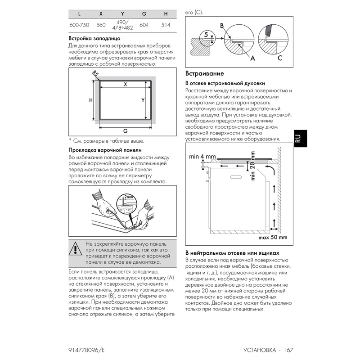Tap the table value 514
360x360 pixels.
pos(166,25)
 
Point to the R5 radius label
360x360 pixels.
pos(95,74)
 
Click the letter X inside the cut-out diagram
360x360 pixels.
pos(126,85)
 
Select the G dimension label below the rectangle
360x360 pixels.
pos(125,130)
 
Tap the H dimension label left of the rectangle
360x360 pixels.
pos(90,100)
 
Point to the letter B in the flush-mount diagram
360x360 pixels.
pos(222,27)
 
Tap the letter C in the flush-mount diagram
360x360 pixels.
pos(280,58)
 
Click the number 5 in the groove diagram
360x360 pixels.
pos(206,34)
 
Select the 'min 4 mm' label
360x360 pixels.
pos(199,156)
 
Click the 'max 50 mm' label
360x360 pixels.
pos(273,237)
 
